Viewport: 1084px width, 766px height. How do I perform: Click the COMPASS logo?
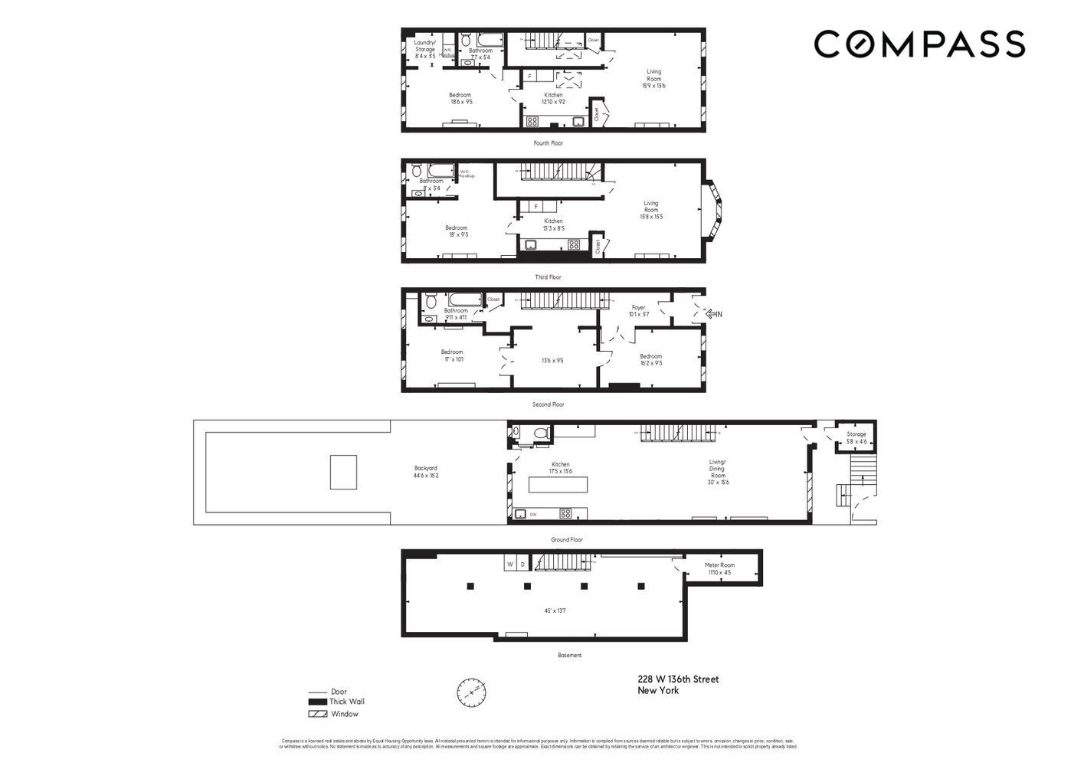click(x=919, y=44)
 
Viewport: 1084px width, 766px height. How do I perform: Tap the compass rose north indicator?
click(x=471, y=692)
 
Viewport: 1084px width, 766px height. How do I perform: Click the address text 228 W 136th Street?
click(x=678, y=679)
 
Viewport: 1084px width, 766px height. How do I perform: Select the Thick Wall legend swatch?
click(x=317, y=702)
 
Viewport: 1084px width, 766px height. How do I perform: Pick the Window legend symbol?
click(x=317, y=714)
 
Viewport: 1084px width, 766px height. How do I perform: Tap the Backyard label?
click(x=426, y=472)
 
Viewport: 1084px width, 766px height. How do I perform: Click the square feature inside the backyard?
click(x=343, y=472)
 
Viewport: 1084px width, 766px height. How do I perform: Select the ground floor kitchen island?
click(x=558, y=484)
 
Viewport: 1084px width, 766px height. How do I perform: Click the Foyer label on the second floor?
click(x=638, y=310)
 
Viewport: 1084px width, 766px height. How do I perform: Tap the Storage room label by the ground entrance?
click(x=856, y=437)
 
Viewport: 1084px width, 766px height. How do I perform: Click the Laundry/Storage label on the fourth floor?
click(x=425, y=49)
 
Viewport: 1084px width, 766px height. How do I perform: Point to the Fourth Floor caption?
click(x=549, y=143)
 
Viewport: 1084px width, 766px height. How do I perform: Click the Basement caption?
click(x=569, y=656)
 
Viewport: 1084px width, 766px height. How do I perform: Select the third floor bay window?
click(x=714, y=211)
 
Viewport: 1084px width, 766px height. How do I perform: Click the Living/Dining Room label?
click(x=717, y=472)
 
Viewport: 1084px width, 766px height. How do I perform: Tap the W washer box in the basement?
click(x=509, y=565)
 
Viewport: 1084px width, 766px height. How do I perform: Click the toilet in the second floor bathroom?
click(x=431, y=300)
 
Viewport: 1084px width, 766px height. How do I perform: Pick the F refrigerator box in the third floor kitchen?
click(x=535, y=206)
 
